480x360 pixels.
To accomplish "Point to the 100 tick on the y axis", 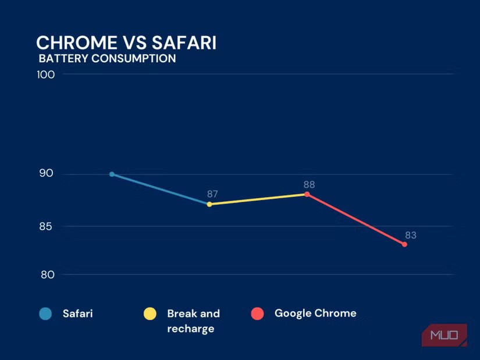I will (47, 74).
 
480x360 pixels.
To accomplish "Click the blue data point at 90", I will (112, 174).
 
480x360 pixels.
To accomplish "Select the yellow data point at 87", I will (209, 204).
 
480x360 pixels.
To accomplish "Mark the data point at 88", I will (307, 194).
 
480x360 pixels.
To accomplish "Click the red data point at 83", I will (404, 244).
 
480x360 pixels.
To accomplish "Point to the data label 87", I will (212, 194).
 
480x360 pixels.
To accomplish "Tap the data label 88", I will (309, 184).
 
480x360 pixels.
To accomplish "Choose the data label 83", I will (411, 236).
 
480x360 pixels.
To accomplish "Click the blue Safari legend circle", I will (45, 314).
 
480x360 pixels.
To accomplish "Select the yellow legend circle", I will (150, 314).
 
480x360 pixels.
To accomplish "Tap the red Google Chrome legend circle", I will (257, 314).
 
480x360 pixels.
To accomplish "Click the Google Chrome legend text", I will (315, 313).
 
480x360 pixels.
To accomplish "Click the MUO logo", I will (445, 335).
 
